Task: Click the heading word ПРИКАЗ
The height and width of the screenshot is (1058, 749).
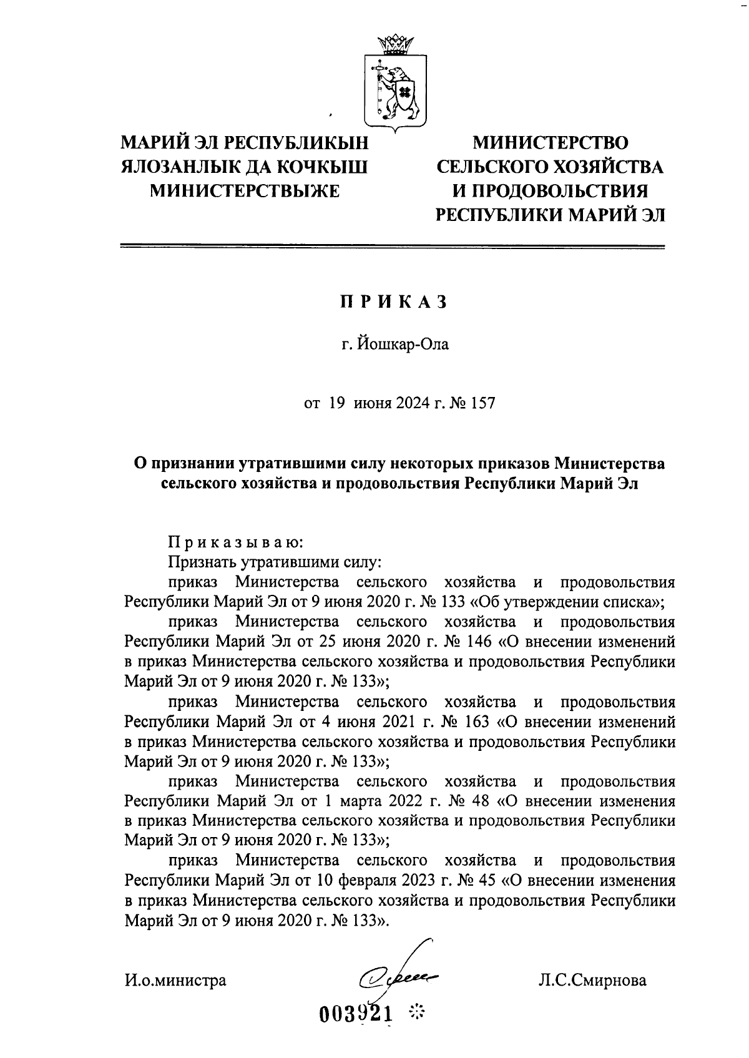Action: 394,302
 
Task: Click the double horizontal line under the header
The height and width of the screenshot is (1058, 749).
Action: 394,247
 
